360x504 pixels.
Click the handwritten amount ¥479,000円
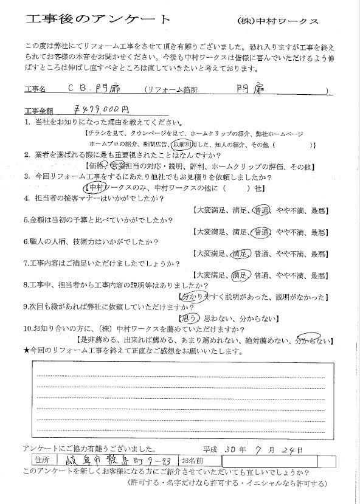(99, 110)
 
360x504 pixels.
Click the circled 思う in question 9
(189, 317)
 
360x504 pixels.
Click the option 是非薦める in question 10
(99, 339)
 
